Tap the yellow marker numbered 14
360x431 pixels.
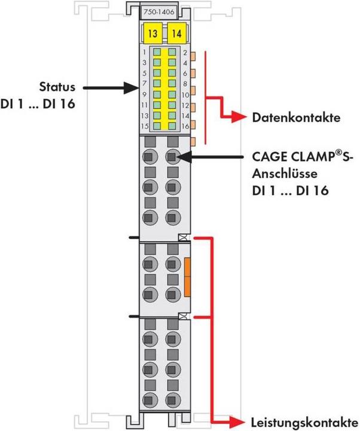(x=175, y=33)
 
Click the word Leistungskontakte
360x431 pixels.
(x=301, y=420)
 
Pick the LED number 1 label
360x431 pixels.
(x=146, y=53)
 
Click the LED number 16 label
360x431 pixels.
(x=185, y=126)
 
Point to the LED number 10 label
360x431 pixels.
(x=185, y=95)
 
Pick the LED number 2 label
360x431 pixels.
(x=185, y=53)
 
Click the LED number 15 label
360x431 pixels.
(x=145, y=126)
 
